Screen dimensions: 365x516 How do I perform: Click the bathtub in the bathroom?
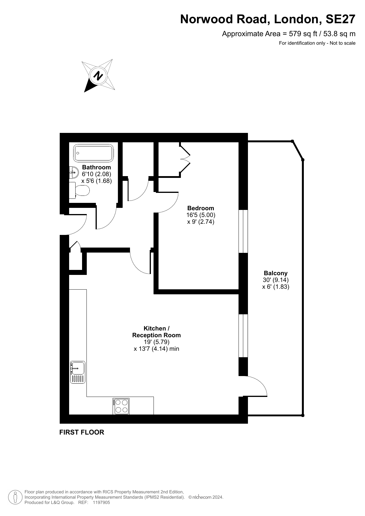point(94,153)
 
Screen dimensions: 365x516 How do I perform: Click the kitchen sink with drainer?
point(78,372)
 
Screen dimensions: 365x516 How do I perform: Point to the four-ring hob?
point(121,406)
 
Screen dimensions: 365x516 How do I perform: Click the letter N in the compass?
point(98,76)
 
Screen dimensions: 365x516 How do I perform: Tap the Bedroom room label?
point(201,208)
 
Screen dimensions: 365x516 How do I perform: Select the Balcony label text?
point(276,273)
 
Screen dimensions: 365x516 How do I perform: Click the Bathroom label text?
point(96,167)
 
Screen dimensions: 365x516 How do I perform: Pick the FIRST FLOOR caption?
point(82,432)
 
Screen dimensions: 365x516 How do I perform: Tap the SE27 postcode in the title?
point(340,19)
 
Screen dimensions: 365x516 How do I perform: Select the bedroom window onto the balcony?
point(243,231)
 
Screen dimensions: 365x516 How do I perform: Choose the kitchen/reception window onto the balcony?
point(243,336)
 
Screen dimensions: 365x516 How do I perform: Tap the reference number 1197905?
point(101,502)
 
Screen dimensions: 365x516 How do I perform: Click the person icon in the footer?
point(15,497)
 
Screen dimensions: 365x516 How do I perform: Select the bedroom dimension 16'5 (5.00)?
point(201,215)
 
